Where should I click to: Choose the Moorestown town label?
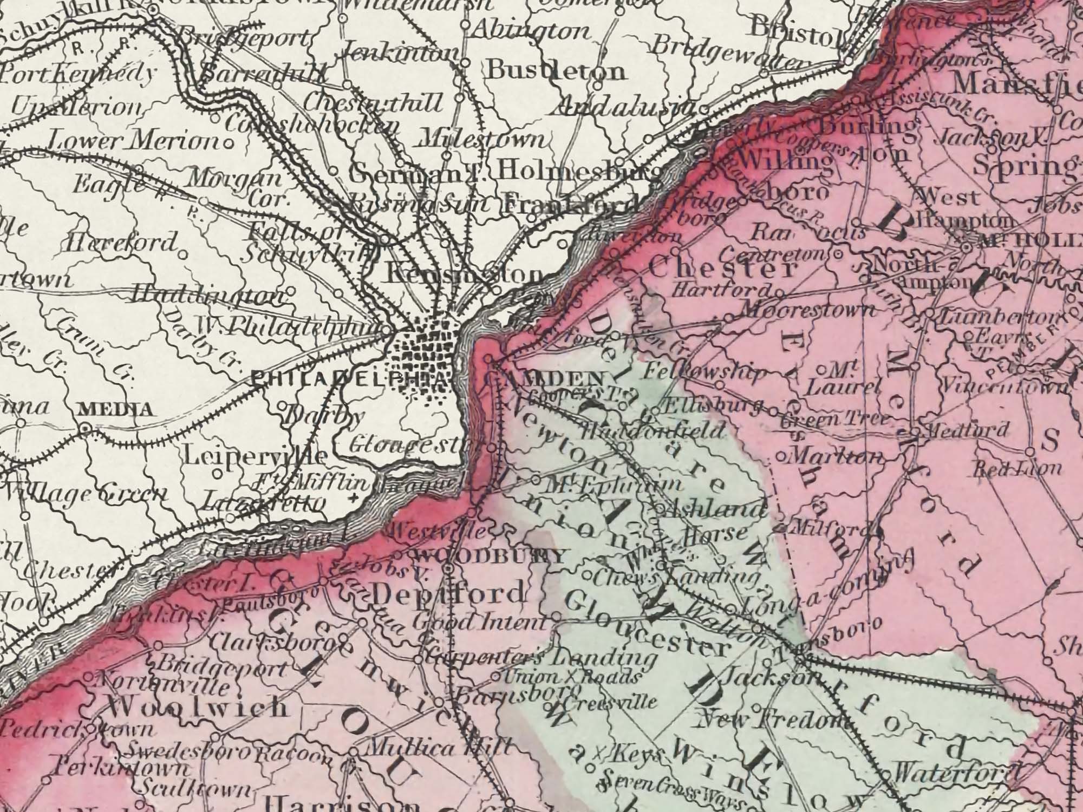(x=806, y=310)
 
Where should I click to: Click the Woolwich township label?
(x=197, y=706)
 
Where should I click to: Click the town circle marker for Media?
(x=84, y=428)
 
